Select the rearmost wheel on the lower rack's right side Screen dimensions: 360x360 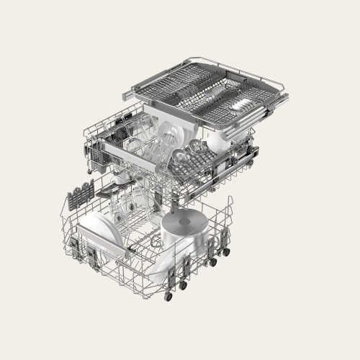coord(228,252)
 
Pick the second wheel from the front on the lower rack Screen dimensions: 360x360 coord(183,286)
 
